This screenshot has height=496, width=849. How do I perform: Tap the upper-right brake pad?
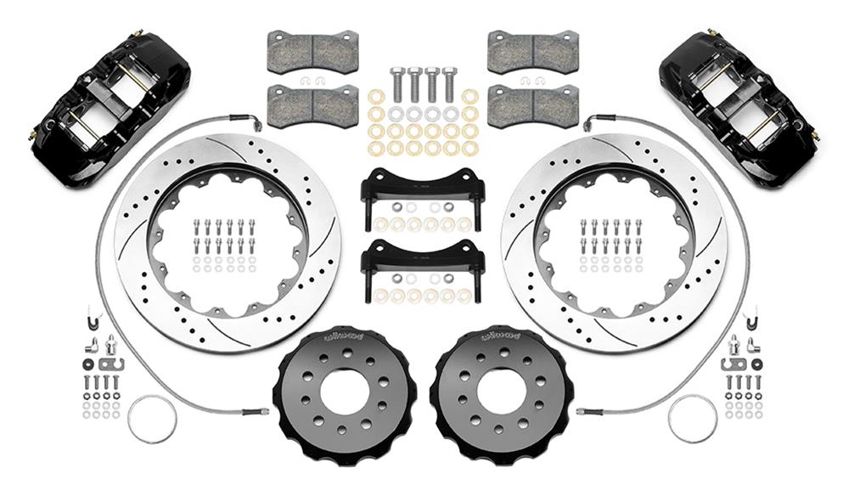point(532,52)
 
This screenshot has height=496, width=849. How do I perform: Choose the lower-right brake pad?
point(532,105)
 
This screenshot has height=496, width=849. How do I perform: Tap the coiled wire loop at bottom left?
point(152,419)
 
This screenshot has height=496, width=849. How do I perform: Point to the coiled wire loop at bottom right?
point(692,419)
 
